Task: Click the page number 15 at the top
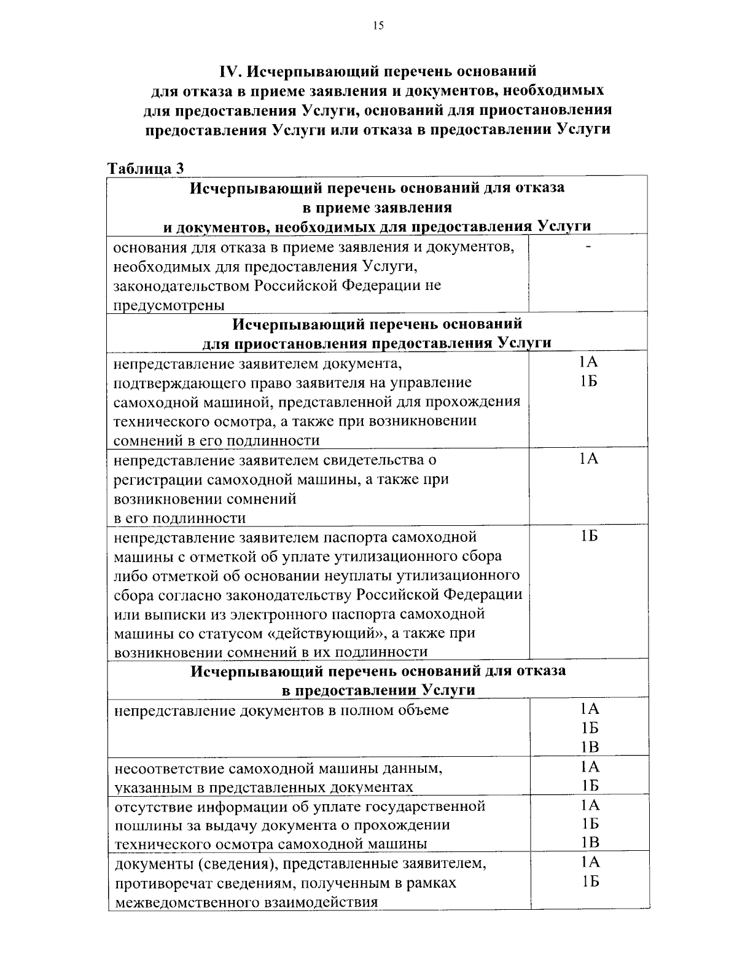tap(378, 25)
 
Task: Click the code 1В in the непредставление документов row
tap(589, 747)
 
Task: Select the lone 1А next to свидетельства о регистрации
tap(589, 459)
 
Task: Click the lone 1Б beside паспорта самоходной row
tap(589, 536)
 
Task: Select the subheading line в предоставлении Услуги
tap(378, 690)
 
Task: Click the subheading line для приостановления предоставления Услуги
tap(376, 342)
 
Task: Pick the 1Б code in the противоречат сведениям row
tap(589, 882)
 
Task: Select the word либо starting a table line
tap(128, 576)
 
